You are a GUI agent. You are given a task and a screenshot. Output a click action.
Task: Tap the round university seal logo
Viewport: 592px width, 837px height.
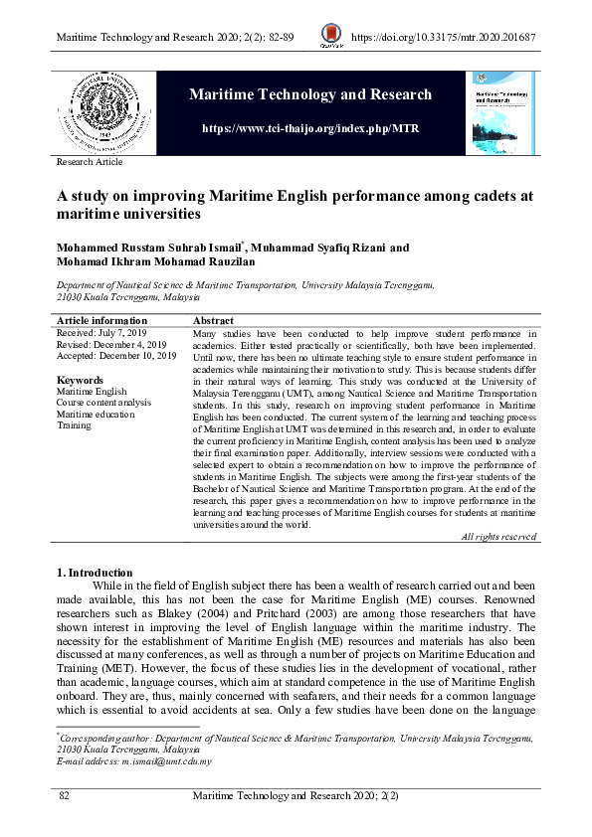(x=99, y=110)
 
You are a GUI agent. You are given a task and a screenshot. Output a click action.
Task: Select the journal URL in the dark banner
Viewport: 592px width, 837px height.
(x=310, y=129)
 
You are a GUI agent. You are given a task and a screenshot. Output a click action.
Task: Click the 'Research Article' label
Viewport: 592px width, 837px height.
(x=90, y=162)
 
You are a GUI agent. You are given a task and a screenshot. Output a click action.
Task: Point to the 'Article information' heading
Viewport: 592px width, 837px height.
(x=101, y=321)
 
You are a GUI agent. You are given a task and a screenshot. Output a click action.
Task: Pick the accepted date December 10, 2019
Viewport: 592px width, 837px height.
(x=116, y=356)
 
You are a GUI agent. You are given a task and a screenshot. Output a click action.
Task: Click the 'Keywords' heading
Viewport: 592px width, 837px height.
(x=80, y=380)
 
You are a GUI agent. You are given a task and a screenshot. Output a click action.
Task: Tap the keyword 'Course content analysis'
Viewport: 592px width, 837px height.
(x=104, y=403)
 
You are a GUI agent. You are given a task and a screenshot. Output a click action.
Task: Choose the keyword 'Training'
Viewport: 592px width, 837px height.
(x=74, y=425)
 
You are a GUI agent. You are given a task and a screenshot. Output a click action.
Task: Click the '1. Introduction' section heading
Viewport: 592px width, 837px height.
(x=95, y=573)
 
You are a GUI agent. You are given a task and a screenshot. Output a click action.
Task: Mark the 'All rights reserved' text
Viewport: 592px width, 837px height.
(x=498, y=537)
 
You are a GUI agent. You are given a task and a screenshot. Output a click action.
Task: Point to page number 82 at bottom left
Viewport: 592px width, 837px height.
(x=65, y=797)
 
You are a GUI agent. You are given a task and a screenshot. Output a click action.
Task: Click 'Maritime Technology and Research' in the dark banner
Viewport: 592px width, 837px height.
(x=310, y=95)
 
